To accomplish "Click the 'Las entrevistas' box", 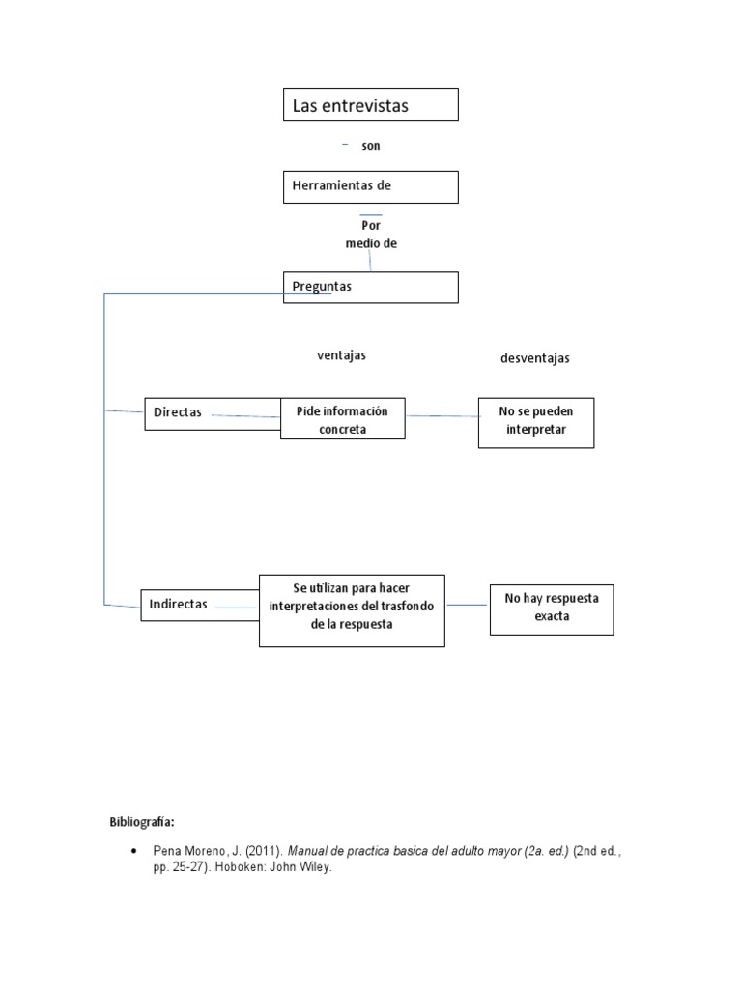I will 370,104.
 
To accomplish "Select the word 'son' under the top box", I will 371,146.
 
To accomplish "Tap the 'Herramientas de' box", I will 370,186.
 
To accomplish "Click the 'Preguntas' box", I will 370,287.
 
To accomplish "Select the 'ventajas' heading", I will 341,355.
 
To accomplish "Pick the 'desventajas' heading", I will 534,358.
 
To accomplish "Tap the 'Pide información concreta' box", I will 342,420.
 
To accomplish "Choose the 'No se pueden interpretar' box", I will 535,421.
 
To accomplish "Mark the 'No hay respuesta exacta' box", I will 551,608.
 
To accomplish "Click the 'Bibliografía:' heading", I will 141,822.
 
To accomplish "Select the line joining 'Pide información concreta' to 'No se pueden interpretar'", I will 442,416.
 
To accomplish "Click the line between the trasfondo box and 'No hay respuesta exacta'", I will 467,606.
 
